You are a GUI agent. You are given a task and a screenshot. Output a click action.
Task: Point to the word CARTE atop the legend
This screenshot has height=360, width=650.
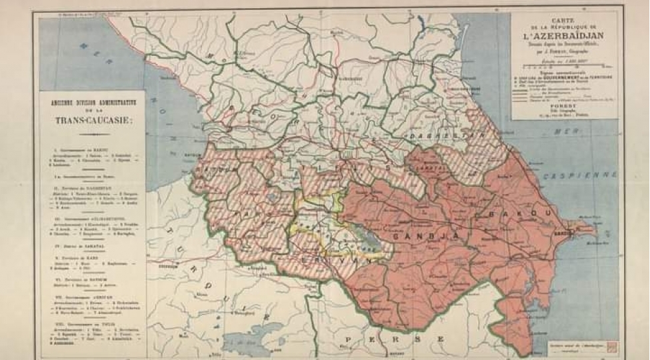click(564, 19)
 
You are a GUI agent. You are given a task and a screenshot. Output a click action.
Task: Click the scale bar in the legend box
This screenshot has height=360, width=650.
click(563, 67)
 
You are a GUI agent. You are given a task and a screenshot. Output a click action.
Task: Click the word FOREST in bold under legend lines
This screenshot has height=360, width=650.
click(563, 94)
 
